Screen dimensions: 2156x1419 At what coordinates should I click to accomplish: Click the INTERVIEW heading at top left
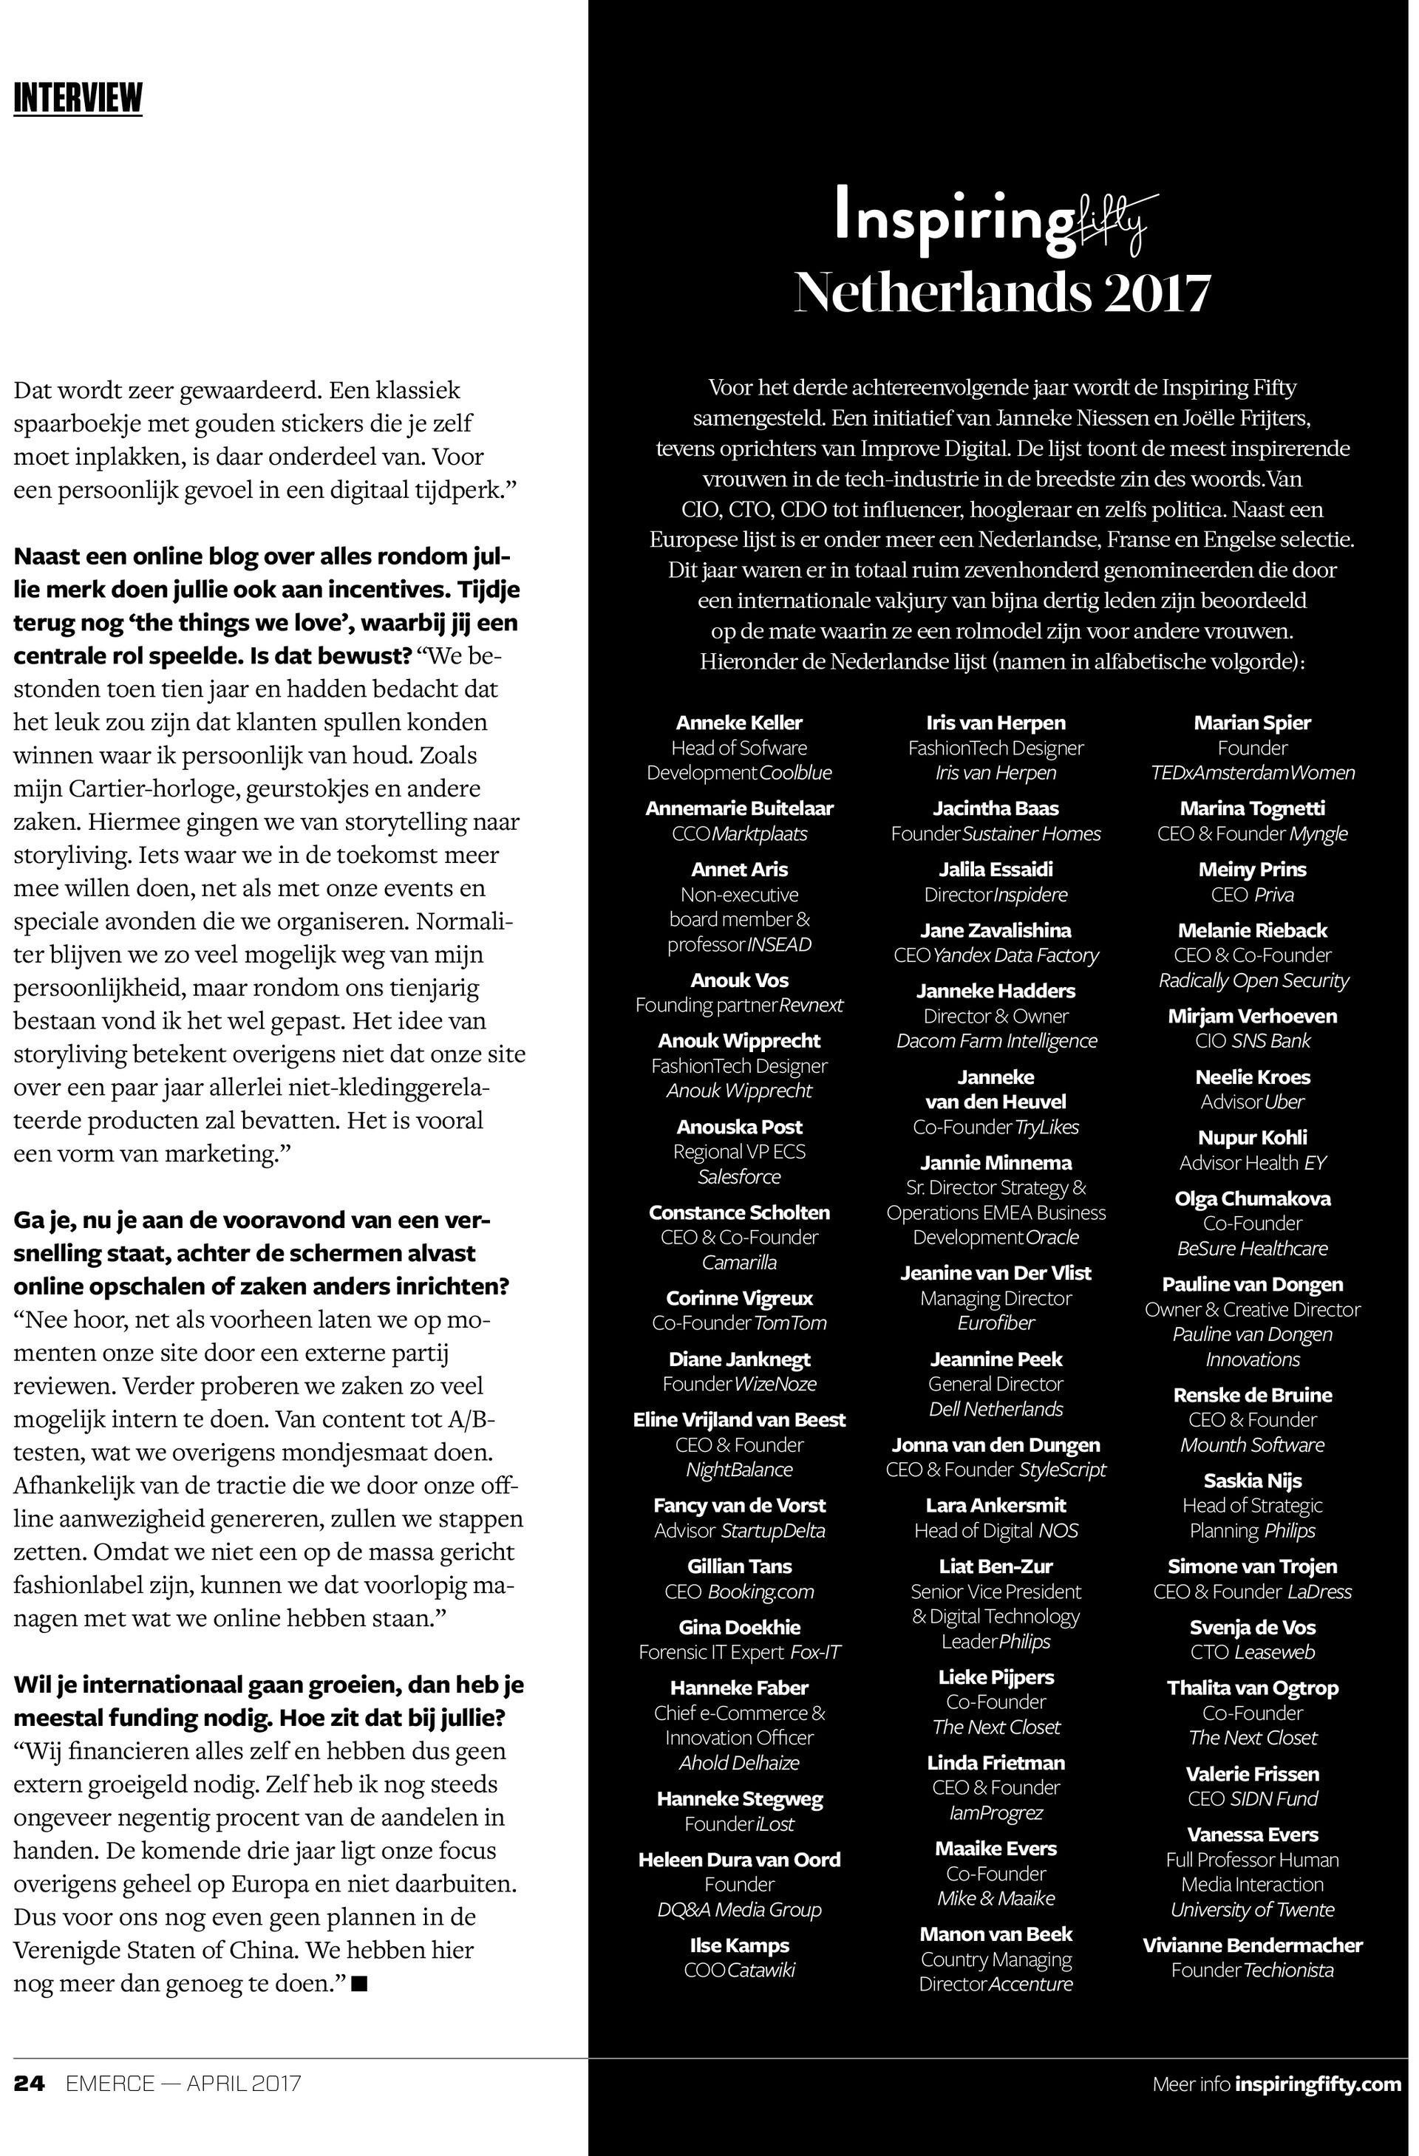(x=78, y=98)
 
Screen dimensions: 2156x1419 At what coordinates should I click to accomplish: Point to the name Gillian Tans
(x=739, y=1566)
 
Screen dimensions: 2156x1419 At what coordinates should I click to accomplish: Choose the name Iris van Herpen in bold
(x=996, y=723)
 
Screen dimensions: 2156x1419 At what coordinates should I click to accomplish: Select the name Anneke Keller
(x=739, y=723)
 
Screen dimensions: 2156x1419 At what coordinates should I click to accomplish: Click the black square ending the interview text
(x=359, y=1984)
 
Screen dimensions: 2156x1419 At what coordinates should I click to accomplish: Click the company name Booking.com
(x=760, y=1592)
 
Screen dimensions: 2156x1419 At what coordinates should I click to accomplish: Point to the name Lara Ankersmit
(x=996, y=1506)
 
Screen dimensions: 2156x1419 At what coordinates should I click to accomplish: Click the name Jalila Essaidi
(x=996, y=870)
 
